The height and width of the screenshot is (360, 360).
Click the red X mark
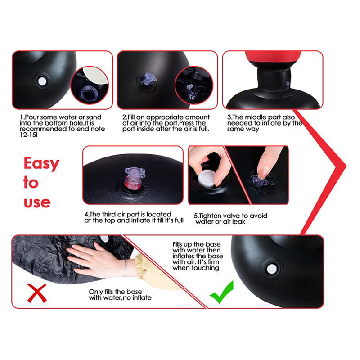(x=37, y=293)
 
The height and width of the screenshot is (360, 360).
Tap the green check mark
(x=222, y=292)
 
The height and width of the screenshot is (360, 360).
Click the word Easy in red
(x=41, y=163)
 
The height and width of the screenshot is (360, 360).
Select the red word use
(x=37, y=202)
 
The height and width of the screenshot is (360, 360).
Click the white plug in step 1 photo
(x=42, y=81)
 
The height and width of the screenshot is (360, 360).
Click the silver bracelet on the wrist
(x=125, y=268)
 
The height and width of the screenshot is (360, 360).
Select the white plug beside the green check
(x=272, y=269)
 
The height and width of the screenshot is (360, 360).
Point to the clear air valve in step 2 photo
(x=148, y=77)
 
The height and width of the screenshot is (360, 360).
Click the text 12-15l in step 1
(x=28, y=135)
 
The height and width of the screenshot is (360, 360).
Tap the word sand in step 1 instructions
(x=94, y=117)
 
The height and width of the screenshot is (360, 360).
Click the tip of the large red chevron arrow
(x=346, y=166)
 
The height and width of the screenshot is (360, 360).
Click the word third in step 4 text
(x=109, y=215)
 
